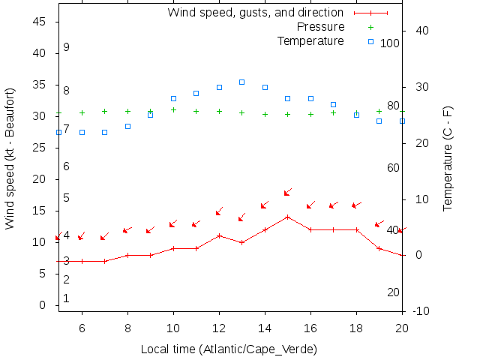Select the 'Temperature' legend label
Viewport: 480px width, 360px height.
pos(310,40)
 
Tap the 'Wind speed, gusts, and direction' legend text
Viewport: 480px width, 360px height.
pos(255,13)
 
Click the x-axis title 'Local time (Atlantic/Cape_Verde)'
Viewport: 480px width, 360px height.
pos(229,349)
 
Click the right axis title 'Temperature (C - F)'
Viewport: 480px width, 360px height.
pos(448,159)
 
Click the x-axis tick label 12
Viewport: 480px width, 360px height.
pos(219,328)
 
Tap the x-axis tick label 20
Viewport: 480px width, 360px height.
pos(402,328)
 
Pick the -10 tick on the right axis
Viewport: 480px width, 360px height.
pos(421,311)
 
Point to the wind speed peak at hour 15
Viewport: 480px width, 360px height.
pos(287,217)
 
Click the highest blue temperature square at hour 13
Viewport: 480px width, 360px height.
pos(241,82)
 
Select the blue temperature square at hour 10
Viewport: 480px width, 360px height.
pos(173,98)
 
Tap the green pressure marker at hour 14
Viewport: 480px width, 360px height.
pos(265,114)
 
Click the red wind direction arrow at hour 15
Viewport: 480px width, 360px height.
pos(287,193)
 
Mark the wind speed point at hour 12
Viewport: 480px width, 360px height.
pos(219,235)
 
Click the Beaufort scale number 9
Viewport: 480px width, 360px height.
pos(66,47)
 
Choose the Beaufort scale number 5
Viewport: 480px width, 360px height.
pos(66,198)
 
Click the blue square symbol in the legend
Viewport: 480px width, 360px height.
pos(370,41)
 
